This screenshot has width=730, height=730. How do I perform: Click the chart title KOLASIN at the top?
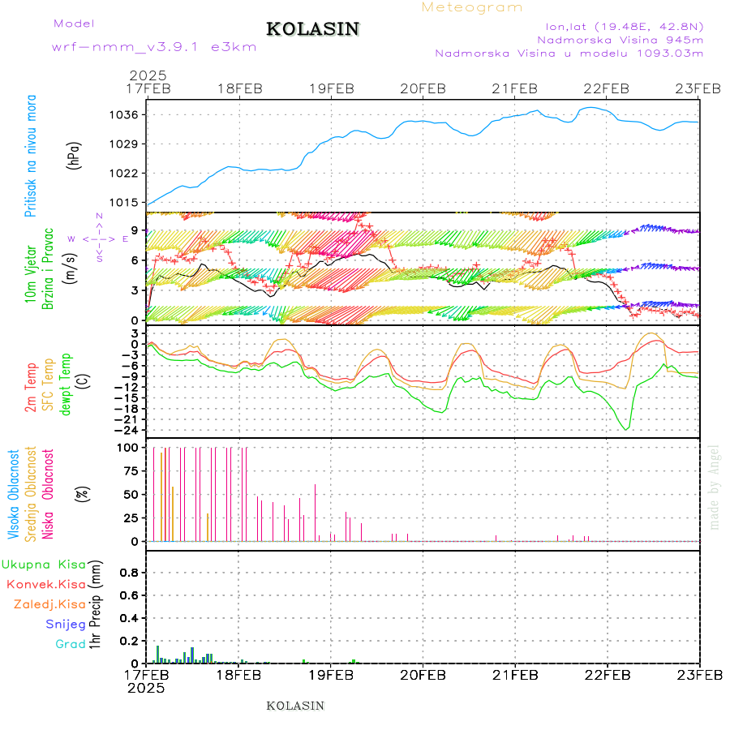point(312,29)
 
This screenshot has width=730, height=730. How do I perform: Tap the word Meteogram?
point(472,7)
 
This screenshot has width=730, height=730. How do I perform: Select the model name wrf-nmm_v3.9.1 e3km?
point(154,46)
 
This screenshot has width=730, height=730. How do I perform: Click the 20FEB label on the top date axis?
point(423,88)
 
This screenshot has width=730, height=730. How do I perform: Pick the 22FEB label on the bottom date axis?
point(608,674)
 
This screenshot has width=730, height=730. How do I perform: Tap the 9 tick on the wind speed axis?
point(136,231)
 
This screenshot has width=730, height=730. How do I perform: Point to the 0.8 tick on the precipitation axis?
point(127,573)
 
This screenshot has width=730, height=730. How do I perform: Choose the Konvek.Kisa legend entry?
point(45,584)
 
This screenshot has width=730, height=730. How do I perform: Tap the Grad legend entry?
point(70,644)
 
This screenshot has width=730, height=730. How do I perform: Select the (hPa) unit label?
point(75,155)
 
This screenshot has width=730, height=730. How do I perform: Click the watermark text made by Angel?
point(715,487)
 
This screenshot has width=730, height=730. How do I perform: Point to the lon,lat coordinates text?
point(625,24)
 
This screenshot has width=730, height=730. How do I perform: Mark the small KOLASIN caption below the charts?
point(295,706)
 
